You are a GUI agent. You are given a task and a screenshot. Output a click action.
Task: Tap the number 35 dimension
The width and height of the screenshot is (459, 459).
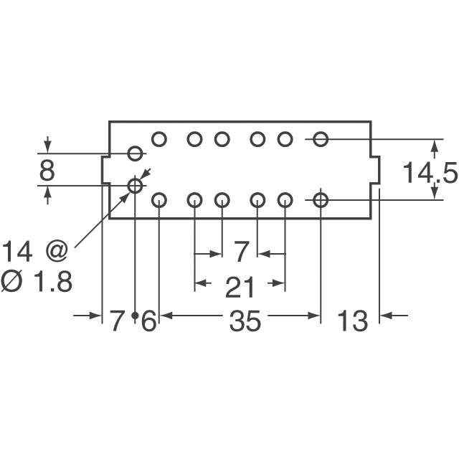coord(245,321)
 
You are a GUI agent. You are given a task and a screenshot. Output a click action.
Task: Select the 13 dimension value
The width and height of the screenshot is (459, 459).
coord(352,321)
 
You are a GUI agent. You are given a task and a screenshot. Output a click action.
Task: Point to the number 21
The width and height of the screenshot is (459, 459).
coord(240,288)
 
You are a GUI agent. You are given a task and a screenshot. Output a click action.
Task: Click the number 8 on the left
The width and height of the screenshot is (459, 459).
coord(47,171)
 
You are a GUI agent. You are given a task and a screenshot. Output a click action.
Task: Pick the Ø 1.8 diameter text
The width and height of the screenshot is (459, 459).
coord(37,281)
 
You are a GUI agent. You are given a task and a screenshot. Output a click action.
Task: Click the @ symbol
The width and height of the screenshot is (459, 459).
coord(57,252)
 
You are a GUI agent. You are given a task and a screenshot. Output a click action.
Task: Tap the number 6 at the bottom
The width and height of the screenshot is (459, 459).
coord(148,321)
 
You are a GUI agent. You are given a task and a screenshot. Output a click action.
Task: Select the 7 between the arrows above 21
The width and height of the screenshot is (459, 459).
coord(241,252)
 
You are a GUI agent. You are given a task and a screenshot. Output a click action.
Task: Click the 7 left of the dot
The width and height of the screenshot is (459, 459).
coord(116,321)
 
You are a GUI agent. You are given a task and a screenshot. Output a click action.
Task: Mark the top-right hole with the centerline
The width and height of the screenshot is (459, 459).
coord(321,139)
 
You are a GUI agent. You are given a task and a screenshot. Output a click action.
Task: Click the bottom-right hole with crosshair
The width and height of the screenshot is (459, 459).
coord(321,201)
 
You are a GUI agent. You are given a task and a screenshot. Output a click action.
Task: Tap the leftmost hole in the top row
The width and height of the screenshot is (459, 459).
coord(159,139)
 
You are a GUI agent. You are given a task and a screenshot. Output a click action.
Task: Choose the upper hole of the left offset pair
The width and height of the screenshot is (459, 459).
coord(135,153)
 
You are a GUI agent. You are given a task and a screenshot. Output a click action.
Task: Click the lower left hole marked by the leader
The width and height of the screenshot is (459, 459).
coord(135,186)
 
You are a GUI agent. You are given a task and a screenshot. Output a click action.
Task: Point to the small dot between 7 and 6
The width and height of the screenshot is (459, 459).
coord(135,316)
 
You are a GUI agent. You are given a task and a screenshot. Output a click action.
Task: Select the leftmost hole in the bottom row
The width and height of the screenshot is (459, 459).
coord(159,201)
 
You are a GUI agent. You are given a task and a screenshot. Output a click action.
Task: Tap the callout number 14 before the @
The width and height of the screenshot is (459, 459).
coord(17,252)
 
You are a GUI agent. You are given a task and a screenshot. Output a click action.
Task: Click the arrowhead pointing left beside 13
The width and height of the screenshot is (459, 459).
coord(386,316)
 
